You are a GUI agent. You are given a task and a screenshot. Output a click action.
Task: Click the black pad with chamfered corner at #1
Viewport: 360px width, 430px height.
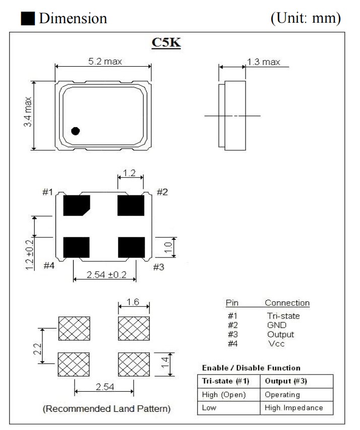tap(76, 205)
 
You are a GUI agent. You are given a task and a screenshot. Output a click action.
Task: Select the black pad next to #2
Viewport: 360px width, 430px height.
tap(131, 205)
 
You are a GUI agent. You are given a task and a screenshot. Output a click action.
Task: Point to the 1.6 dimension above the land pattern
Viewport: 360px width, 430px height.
tap(134, 302)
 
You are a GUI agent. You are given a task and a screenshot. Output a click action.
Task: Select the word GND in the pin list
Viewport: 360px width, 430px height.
tap(277, 325)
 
